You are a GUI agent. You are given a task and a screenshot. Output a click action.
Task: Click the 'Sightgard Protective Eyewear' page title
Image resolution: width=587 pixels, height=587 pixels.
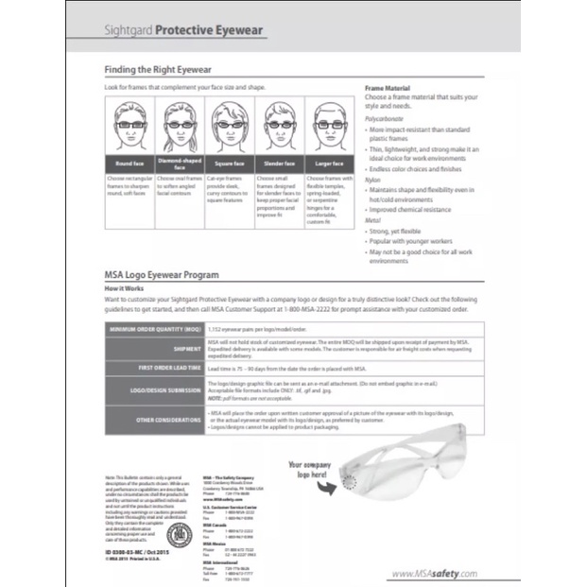tap(185, 30)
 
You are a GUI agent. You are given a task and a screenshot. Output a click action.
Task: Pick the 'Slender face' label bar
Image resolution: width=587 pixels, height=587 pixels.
tap(277, 164)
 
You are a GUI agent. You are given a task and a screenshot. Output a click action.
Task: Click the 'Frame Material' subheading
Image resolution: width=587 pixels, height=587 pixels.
tap(388, 88)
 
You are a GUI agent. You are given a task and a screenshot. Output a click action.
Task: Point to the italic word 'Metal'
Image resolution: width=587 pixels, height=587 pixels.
tap(372, 219)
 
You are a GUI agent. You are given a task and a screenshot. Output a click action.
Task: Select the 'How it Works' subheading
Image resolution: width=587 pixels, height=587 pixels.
tap(124, 286)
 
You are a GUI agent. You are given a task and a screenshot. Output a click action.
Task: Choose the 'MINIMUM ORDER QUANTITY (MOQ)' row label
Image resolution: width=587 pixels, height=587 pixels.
tap(153, 328)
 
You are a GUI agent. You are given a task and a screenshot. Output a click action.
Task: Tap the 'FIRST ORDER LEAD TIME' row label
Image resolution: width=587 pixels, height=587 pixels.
tap(168, 367)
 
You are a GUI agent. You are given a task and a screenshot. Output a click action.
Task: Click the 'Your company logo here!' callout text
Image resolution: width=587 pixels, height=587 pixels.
tap(313, 471)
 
